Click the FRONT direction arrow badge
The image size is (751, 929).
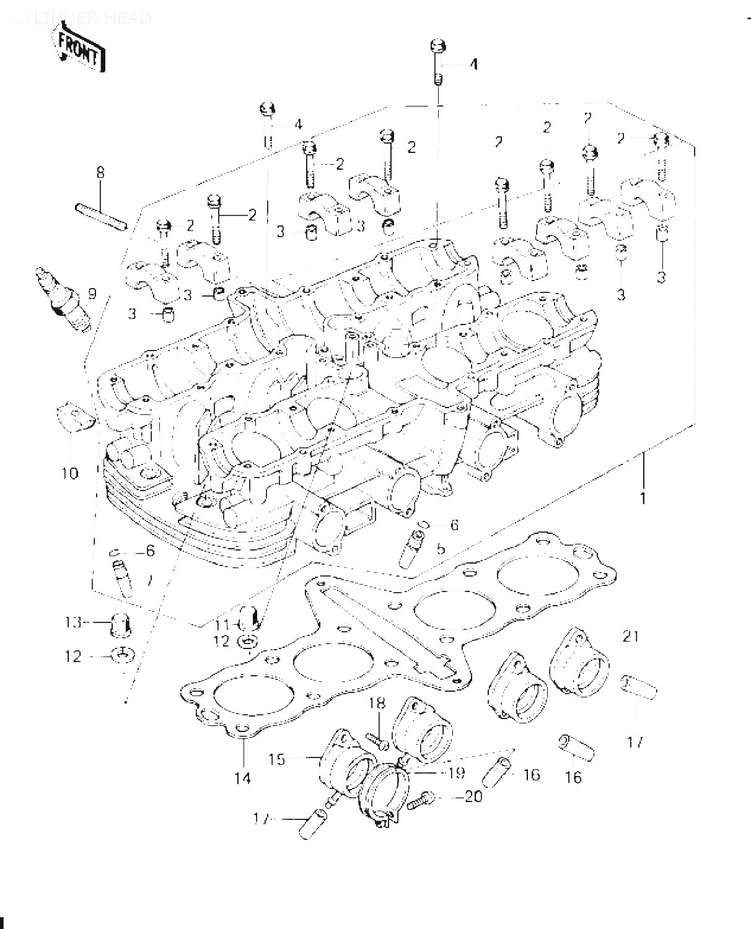(x=80, y=48)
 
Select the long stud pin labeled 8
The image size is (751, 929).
(x=101, y=215)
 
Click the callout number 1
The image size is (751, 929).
(x=643, y=497)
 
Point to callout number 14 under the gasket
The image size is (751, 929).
(x=243, y=777)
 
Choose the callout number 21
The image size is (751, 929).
(x=630, y=636)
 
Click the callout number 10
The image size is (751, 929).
(x=70, y=474)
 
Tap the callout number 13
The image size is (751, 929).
(x=73, y=622)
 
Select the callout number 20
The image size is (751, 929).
(x=473, y=796)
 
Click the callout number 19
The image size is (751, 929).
(x=457, y=773)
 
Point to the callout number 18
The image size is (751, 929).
(x=377, y=703)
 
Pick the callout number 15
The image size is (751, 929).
(x=277, y=759)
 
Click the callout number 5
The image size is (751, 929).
(x=441, y=548)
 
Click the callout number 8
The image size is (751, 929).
(x=100, y=173)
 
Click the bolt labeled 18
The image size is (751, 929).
(x=377, y=739)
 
